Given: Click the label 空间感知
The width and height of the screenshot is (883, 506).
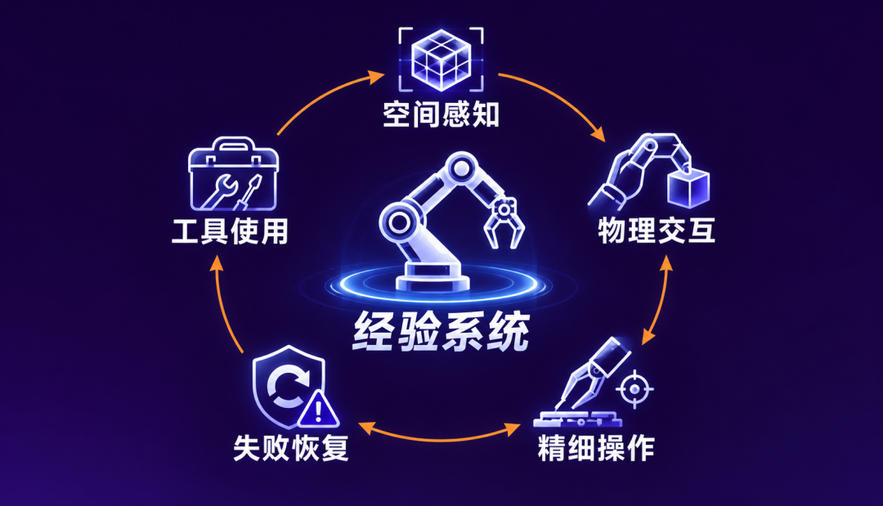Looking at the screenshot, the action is (441, 114).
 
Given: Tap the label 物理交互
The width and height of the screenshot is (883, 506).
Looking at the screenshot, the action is (657, 231).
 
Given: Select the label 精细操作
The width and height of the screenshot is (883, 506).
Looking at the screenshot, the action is (596, 448).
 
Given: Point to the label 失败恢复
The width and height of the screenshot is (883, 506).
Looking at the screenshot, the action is (291, 448).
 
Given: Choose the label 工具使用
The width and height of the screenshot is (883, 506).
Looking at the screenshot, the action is (230, 231).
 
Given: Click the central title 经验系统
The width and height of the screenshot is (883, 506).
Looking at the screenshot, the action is (441, 332).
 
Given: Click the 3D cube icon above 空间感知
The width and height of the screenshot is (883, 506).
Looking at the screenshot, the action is (441, 60).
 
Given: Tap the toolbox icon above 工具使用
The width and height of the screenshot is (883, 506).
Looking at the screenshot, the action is (233, 174).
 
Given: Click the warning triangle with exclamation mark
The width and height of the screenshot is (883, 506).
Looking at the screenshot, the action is (318, 410).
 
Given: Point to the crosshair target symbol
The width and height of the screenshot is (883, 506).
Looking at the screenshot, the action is (634, 389).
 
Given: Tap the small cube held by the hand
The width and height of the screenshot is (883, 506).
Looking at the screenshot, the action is (688, 188).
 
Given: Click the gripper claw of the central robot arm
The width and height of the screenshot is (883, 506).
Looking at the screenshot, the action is (504, 222).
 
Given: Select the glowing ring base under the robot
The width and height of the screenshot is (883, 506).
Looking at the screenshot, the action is (439, 284).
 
